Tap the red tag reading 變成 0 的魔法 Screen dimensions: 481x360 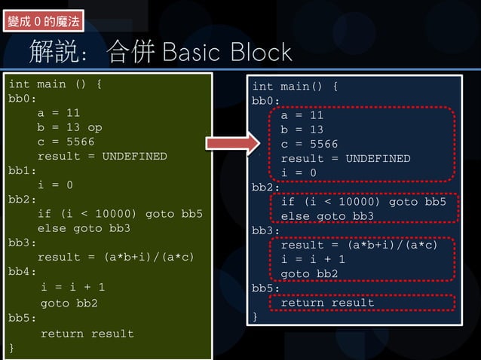coord(44,21)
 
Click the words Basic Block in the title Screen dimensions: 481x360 coord(226,53)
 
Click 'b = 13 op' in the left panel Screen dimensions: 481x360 coord(69,127)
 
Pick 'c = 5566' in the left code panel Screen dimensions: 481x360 coord(66,142)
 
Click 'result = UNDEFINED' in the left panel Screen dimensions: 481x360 coord(102,156)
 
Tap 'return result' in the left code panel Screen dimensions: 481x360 coord(87,334)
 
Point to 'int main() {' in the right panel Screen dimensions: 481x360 coord(294,87)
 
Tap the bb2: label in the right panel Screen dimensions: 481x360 coord(266,188)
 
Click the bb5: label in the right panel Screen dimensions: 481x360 coord(266,288)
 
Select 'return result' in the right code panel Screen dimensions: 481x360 coord(327,303)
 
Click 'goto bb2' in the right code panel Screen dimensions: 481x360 coord(310,273)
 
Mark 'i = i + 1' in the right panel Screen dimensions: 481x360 coord(313,259)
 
